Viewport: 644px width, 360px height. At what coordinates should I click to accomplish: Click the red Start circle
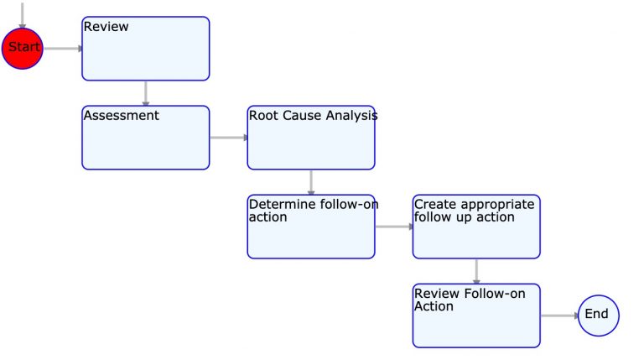click(x=23, y=48)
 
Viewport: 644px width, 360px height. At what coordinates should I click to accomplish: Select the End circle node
click(x=598, y=315)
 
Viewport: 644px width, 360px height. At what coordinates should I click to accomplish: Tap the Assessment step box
click(x=145, y=138)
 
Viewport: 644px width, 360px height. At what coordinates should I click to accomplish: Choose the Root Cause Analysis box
click(x=310, y=138)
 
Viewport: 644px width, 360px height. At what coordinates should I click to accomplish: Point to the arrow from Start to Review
click(x=63, y=49)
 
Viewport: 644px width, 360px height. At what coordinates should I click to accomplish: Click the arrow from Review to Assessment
click(x=146, y=93)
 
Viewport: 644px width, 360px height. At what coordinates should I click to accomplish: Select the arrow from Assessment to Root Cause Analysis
click(x=228, y=138)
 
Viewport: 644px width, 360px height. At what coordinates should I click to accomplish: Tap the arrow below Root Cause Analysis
click(x=311, y=182)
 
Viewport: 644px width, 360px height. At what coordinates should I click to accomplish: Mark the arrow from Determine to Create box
click(x=393, y=227)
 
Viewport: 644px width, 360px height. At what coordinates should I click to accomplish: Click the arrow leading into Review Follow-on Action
click(x=476, y=271)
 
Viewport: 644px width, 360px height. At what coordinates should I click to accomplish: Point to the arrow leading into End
click(x=558, y=316)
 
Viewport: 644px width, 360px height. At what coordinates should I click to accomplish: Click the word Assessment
click(x=121, y=116)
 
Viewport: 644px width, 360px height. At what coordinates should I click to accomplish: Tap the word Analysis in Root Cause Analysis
click(x=350, y=116)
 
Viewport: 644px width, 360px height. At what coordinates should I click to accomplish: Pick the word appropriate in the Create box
click(x=496, y=204)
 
